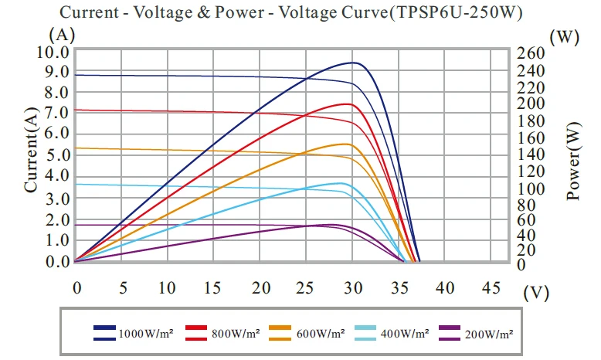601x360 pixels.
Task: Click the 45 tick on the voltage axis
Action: [490, 287]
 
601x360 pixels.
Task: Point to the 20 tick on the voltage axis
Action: [262, 287]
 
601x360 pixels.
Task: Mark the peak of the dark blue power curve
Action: [353, 63]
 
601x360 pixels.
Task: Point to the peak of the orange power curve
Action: [346, 144]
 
